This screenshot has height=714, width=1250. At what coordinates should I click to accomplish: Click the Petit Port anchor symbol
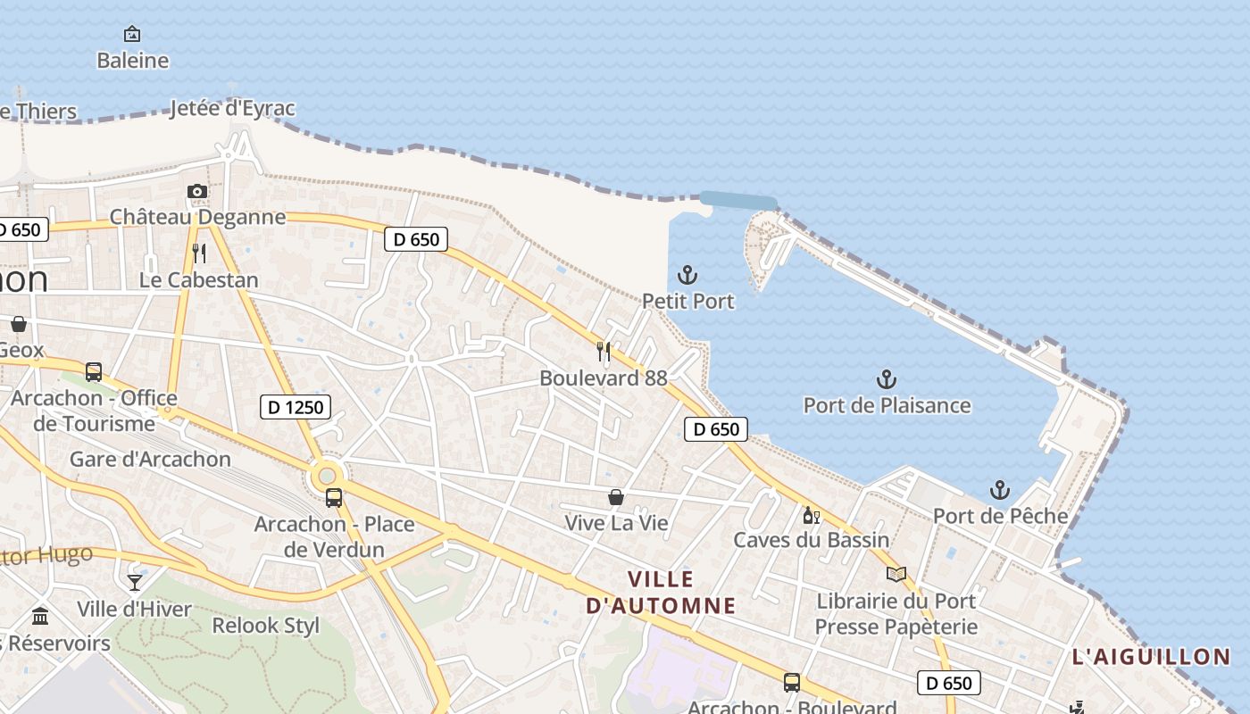pos(687,275)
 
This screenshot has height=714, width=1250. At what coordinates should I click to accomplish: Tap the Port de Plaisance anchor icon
pos(886,379)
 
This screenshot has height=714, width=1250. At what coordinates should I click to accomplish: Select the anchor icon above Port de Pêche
pos(1000,490)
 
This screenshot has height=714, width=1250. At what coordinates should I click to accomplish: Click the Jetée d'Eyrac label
pos(232,108)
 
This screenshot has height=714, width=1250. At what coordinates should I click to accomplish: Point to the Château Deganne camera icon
pos(197,191)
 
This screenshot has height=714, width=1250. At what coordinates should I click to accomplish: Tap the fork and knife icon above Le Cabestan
pos(199,253)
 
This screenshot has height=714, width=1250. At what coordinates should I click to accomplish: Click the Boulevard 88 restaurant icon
pos(604,352)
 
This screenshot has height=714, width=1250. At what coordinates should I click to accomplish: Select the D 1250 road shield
pos(295,408)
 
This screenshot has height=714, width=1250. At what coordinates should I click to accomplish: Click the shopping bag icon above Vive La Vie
pos(616,497)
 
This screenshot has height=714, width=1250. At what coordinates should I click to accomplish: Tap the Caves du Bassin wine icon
pos(811,515)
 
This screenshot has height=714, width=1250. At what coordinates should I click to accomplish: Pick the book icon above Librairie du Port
pos(896,574)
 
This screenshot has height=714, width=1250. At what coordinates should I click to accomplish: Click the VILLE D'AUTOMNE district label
pos(661,593)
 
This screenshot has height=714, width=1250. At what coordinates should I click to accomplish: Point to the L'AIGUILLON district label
pos(1151,658)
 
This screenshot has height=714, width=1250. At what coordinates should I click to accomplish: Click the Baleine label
pos(133,61)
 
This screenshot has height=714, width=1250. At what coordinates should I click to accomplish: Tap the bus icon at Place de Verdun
pos(333,497)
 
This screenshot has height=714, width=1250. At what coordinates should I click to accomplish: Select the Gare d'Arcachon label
pos(150,460)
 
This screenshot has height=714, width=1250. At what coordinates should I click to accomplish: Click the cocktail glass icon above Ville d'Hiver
pos(135,583)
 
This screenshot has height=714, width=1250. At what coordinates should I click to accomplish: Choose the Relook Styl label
pos(265,626)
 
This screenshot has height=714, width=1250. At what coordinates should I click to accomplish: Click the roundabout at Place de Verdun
pos(327,476)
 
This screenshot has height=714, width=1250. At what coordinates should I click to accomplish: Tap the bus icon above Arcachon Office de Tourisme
pos(94,372)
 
